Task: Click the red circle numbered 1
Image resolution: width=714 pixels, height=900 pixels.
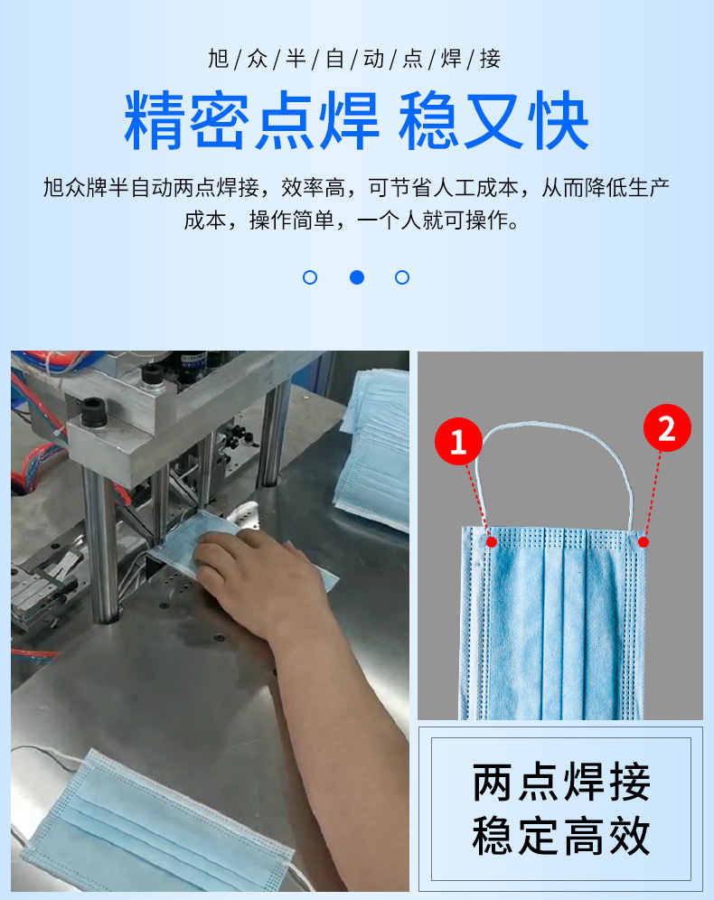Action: click(458, 441)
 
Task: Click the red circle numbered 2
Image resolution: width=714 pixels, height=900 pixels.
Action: click(667, 427)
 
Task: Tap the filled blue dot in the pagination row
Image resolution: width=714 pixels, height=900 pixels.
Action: click(357, 277)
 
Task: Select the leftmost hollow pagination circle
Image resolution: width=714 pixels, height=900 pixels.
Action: click(310, 277)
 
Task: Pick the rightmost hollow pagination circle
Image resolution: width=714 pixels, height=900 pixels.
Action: click(402, 277)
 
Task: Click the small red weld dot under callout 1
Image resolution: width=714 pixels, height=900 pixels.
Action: click(492, 541)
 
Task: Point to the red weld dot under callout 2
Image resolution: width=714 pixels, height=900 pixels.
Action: click(644, 541)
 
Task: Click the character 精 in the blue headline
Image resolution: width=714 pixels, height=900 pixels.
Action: click(155, 120)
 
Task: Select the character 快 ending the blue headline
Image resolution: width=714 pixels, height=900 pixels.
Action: click(559, 120)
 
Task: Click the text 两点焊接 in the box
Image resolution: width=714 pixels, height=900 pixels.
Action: click(560, 782)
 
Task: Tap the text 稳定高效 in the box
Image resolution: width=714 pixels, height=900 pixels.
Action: click(560, 836)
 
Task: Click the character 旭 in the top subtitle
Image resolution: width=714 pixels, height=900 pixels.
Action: click(219, 59)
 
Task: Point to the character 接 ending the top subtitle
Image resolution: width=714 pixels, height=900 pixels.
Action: click(490, 59)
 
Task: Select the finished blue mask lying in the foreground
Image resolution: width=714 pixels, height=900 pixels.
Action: click(155, 827)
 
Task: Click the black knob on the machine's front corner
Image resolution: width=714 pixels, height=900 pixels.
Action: click(94, 411)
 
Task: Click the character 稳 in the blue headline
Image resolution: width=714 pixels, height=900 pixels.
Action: click(428, 120)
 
